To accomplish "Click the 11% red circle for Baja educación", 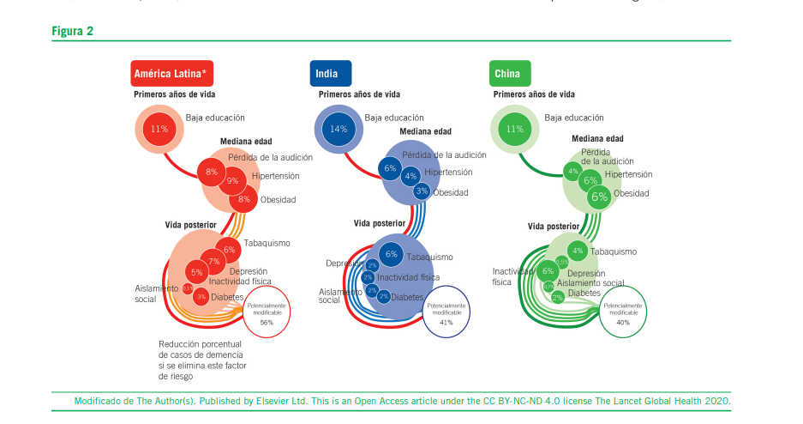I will (x=159, y=129).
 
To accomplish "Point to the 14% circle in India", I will (x=338, y=129).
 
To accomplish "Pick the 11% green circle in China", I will (x=514, y=129).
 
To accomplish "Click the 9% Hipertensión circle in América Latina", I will (x=232, y=181).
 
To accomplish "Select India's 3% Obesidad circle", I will (x=422, y=191).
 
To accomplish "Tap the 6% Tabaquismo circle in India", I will (x=392, y=254).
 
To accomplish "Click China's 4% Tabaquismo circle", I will (x=578, y=251).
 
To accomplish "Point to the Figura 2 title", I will (x=73, y=31).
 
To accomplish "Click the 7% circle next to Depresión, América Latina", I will (x=214, y=262).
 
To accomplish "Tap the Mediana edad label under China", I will (x=597, y=138).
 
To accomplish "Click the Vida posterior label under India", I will (x=380, y=223).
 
